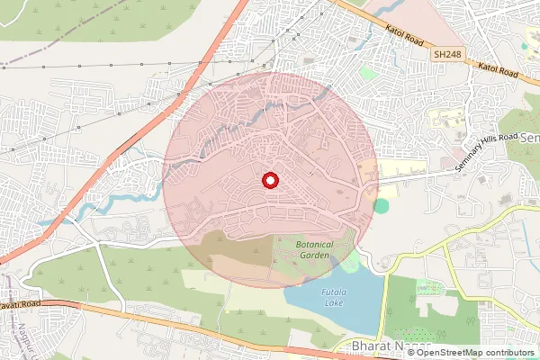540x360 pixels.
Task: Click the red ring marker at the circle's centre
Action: [269, 181]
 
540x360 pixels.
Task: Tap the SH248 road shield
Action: [443, 55]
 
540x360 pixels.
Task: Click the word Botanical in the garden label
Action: [316, 245]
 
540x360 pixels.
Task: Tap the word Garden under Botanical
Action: [316, 256]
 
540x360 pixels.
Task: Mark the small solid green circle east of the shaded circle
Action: [382, 206]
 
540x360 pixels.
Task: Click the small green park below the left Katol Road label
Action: [367, 71]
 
